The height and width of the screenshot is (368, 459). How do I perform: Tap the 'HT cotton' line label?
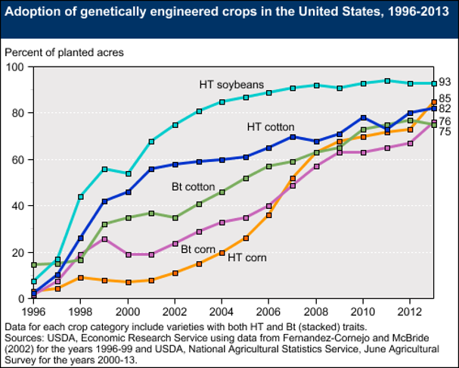click(270, 126)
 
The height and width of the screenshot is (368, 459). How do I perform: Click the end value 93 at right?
click(445, 83)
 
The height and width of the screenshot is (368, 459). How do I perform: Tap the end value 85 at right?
click(445, 98)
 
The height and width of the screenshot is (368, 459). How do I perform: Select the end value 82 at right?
click(445, 109)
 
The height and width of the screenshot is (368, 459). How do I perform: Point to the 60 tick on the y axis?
click(16, 160)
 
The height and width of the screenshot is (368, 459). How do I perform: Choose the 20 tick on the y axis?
click(16, 252)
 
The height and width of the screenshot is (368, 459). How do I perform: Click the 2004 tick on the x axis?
click(222, 310)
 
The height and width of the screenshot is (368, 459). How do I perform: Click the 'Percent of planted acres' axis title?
click(64, 52)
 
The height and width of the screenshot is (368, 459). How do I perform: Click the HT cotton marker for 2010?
click(364, 118)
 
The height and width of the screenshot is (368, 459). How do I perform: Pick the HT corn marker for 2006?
click(269, 215)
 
